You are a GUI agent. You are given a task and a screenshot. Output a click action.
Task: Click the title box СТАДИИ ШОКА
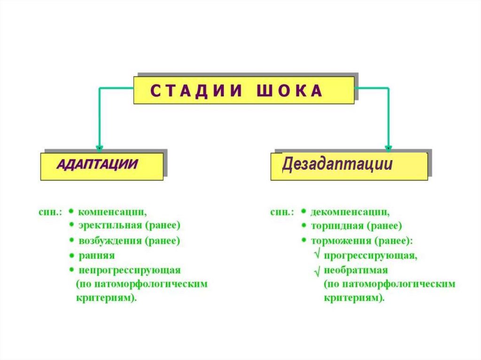pyautogui.click(x=244, y=90)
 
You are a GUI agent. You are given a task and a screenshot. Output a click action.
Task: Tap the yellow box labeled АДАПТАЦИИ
pyautogui.click(x=101, y=165)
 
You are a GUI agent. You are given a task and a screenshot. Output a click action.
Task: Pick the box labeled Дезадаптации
pyautogui.click(x=349, y=165)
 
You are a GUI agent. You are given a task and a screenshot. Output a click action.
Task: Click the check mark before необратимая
pyautogui.click(x=317, y=271)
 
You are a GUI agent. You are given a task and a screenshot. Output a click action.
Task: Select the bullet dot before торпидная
pyautogui.click(x=304, y=226)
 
